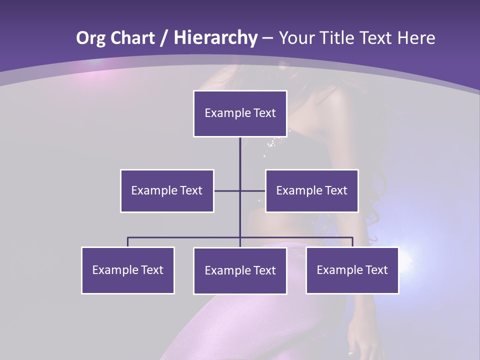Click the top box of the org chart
tap(240, 113)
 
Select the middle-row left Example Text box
tap(167, 190)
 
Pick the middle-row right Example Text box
tap(311, 190)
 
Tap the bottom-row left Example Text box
tap(128, 270)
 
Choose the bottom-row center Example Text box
tap(240, 270)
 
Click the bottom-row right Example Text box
tap(352, 270)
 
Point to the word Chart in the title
tap(132, 38)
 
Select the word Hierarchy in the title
tap(215, 38)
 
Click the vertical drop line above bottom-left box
tap(128, 242)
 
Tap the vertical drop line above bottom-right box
tap(352, 242)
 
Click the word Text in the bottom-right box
tap(376, 270)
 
